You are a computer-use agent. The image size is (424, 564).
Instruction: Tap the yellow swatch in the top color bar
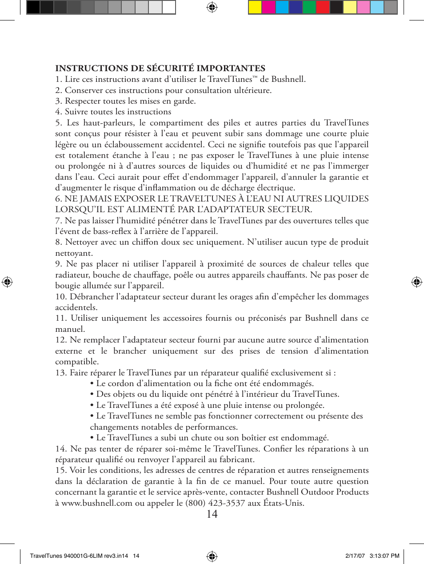[255, 7]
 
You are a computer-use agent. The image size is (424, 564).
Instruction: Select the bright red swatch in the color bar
[323, 7]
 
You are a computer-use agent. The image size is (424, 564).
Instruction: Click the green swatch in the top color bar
[309, 7]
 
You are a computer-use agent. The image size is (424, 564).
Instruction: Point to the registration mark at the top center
[212, 7]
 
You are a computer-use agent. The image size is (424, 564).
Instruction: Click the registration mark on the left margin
[7, 282]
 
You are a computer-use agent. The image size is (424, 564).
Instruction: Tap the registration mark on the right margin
[416, 282]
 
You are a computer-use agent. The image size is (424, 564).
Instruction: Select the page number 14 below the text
[212, 514]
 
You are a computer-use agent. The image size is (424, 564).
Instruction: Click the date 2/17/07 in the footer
[355, 556]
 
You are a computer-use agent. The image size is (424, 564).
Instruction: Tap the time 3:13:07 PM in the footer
[384, 556]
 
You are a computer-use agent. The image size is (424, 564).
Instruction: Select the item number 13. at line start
[61, 373]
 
